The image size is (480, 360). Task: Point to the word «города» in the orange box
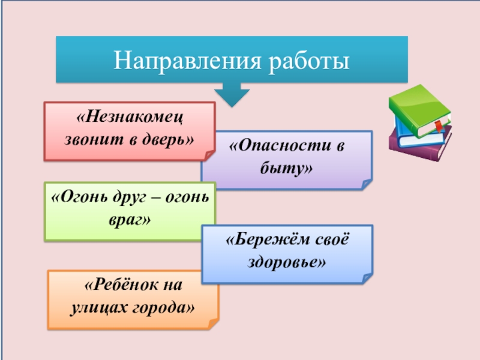172,308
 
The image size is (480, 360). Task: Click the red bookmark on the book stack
438,127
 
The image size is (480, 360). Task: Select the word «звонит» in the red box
90,139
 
